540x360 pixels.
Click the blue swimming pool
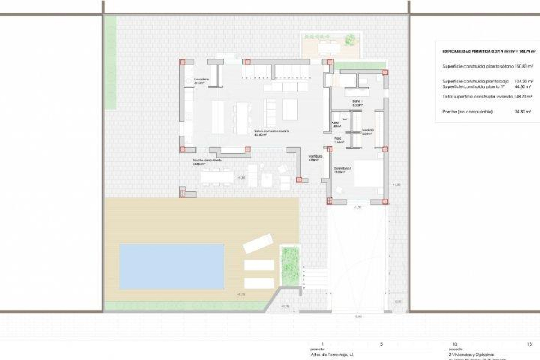(x=172, y=266)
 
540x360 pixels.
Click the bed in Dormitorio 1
(x=369, y=173)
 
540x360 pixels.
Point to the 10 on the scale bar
(x=455, y=344)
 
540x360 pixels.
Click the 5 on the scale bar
(x=381, y=344)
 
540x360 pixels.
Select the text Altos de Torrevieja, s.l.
(x=332, y=355)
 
